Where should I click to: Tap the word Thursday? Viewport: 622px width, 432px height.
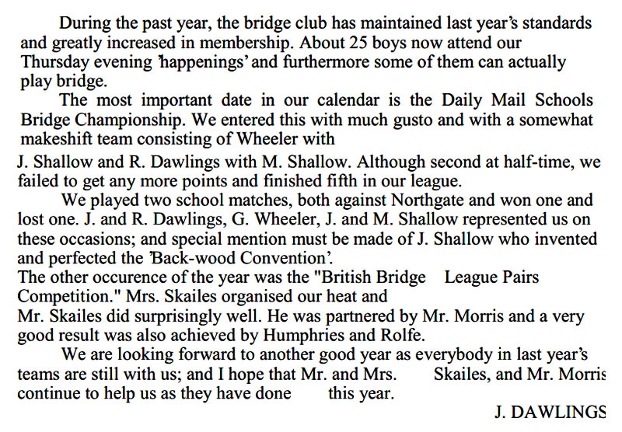pyautogui.click(x=52, y=62)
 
